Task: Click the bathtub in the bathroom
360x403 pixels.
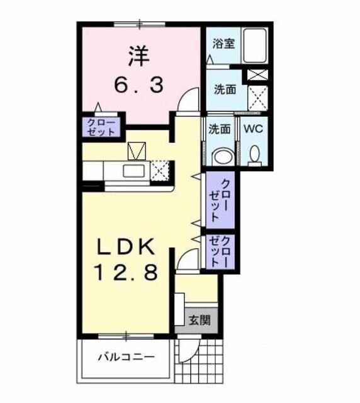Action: pyautogui.click(x=256, y=45)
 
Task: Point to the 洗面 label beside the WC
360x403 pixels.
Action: pyautogui.click(x=219, y=129)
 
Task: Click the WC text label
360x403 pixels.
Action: pyautogui.click(x=253, y=129)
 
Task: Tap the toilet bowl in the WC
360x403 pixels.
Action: pyautogui.click(x=255, y=154)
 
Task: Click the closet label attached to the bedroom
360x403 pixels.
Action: pyautogui.click(x=101, y=127)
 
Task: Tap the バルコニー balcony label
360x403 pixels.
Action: pyautogui.click(x=125, y=357)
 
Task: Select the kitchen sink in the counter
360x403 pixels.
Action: pyautogui.click(x=132, y=171)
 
